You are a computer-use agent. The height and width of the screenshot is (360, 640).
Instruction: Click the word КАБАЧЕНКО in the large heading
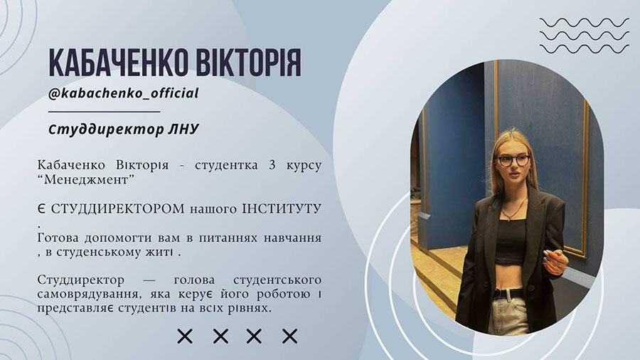pos(118,63)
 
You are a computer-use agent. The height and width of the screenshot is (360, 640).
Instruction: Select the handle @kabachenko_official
pos(123,93)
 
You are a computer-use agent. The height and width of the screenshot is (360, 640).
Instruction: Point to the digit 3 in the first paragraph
pos(272,165)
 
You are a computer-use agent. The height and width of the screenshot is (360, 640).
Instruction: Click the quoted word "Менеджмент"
pos(86,179)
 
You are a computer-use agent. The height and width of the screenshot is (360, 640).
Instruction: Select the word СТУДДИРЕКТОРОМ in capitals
pos(117,209)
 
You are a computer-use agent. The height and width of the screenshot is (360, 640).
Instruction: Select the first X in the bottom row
pos(185,337)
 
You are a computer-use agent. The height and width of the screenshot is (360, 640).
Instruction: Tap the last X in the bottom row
pos(290,337)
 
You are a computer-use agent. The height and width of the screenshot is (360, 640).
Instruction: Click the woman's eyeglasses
pos(513,160)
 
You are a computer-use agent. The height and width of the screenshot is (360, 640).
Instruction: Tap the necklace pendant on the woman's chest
pos(510,218)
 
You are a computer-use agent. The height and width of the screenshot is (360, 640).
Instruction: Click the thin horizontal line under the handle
pos(104,111)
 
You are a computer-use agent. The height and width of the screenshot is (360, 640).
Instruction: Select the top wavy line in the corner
pos(584,23)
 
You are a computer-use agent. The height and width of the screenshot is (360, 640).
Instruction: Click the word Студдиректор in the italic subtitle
pos(106,129)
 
